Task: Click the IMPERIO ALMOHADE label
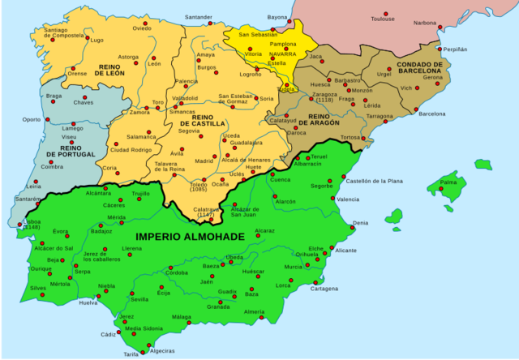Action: click(189, 236)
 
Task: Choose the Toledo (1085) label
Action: click(198, 188)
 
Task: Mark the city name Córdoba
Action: click(177, 273)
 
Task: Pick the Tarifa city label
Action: click(131, 354)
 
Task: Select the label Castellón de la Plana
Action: click(375, 181)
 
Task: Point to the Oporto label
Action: click(31, 119)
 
